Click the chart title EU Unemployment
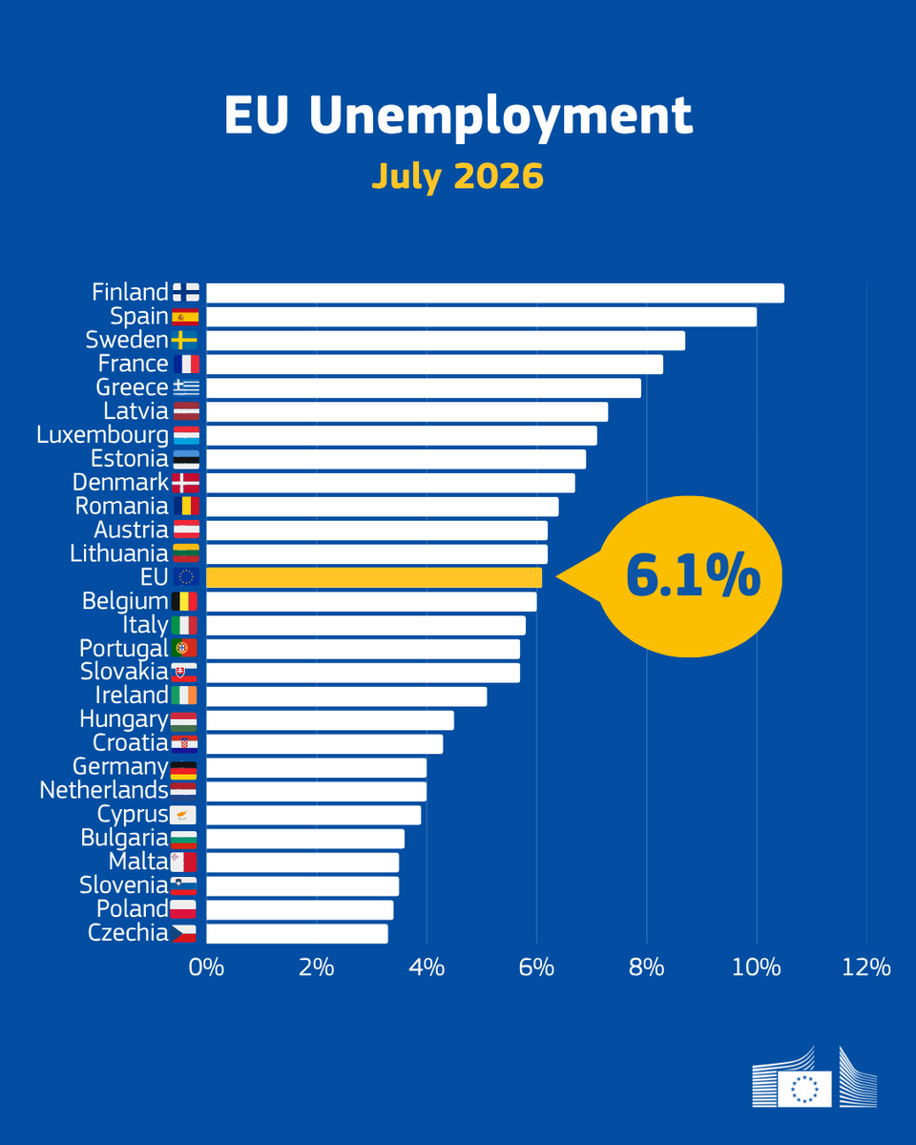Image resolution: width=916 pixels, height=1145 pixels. coord(458,115)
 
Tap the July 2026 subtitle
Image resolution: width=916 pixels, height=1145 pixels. coord(458,177)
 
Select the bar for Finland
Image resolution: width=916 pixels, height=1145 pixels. coord(495,293)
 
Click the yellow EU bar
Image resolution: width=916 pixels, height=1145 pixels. coord(374,578)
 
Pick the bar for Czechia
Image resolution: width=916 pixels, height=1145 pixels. coord(297,934)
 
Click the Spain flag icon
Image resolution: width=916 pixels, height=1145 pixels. coord(186,317)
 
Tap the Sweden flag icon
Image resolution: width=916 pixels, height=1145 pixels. coord(185,341)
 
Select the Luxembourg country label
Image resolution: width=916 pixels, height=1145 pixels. coord(102,436)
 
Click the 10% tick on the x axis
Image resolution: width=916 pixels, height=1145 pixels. coord(757,968)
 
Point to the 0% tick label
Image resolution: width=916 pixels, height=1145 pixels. coord(206,968)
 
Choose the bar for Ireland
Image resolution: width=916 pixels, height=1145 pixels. coord(346,697)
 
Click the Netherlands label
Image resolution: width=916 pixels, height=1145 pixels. coord(104,790)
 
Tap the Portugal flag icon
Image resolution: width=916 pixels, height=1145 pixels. coord(184,648)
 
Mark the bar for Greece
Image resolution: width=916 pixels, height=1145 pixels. coord(424,388)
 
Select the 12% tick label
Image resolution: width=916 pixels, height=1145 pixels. coord(866,968)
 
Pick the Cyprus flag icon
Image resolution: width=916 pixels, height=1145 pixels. coord(183,815)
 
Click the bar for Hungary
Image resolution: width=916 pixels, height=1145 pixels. coord(330,720)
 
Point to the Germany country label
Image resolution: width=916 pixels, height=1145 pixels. coord(120,768)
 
